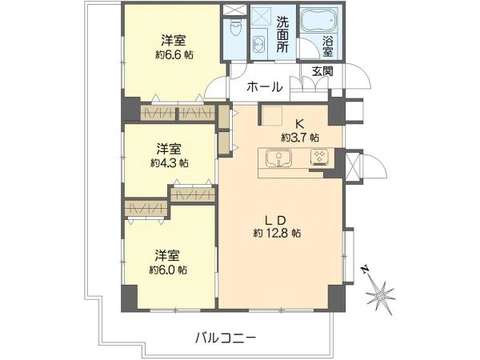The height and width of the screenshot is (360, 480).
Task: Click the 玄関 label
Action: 322,72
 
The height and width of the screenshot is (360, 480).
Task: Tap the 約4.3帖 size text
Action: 169,162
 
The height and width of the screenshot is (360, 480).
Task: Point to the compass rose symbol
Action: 381,295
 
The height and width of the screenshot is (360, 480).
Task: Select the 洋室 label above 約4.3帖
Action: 169,148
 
